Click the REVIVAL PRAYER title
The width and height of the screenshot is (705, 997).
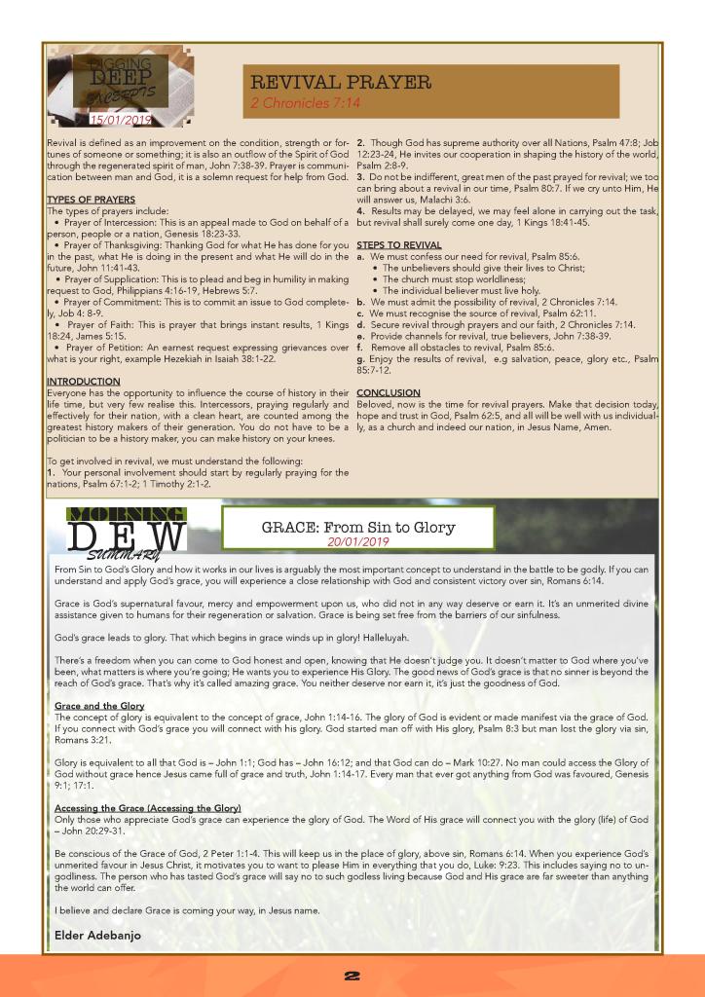pos(341,83)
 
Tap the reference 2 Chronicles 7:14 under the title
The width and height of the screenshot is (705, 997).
pos(305,102)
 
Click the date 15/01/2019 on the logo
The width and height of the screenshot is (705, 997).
pos(121,121)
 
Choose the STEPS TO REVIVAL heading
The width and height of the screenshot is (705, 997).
pos(399,244)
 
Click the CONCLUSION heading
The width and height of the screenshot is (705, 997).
pos(389,393)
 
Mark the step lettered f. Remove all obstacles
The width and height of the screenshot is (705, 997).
pos(448,347)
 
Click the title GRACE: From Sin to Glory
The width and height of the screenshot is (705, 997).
pos(357,528)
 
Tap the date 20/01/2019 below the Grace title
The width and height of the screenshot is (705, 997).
pos(357,541)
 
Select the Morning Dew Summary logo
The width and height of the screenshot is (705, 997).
pos(127,531)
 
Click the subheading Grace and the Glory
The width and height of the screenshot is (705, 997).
pos(99,705)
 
